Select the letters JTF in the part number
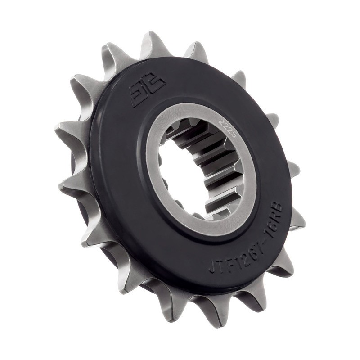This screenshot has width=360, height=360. tap(220, 263)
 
